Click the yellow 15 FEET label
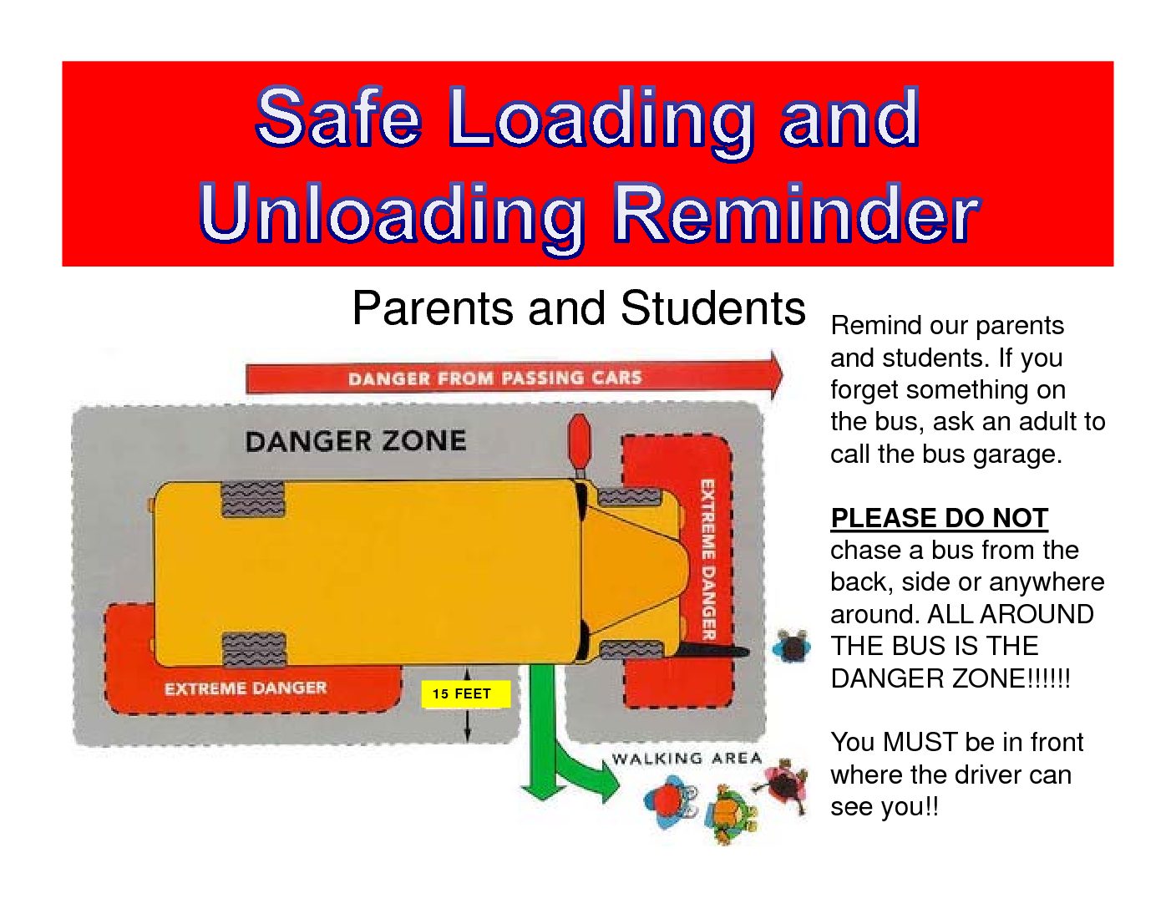[x=465, y=693]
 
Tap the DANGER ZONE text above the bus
[x=356, y=440]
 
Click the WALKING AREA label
[x=687, y=759]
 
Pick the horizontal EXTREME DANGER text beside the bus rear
[x=246, y=688]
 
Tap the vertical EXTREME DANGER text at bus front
[x=708, y=560]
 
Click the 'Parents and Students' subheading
[x=579, y=308]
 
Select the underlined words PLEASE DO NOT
[x=940, y=518]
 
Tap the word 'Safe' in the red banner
[x=339, y=117]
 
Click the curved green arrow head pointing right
[x=611, y=780]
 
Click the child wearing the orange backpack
[x=727, y=814]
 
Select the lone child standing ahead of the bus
[x=792, y=647]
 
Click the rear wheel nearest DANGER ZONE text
[x=253, y=499]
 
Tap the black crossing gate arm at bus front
[x=713, y=650]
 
